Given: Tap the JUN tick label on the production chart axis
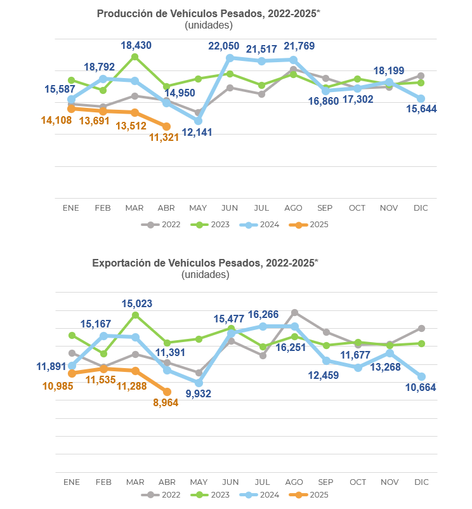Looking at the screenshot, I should [x=230, y=208].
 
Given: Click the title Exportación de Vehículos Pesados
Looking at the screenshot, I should [x=205, y=263].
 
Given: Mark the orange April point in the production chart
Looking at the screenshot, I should [x=167, y=126].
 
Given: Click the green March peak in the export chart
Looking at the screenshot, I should [x=136, y=315].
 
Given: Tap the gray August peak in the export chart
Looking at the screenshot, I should [x=294, y=312].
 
